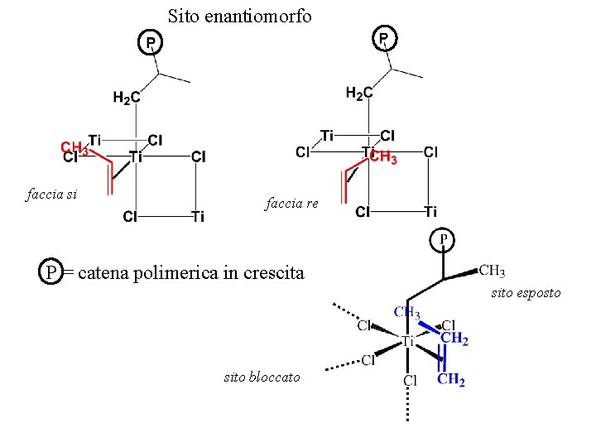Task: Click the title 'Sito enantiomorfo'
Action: pos(239,16)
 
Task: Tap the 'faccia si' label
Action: pos(52,195)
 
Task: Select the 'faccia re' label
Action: pos(291,204)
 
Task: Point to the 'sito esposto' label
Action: pos(526,293)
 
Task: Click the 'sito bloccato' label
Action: pos(262,377)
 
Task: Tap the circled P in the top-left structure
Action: pos(150,41)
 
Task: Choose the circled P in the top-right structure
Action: pos(385,37)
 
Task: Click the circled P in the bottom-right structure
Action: pos(444,240)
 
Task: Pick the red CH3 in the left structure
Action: pos(74,147)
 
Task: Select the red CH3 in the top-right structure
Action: pos(383,158)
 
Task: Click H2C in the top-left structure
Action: pos(127,99)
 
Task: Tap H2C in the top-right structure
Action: pos(358,94)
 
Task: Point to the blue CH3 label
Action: pos(406,313)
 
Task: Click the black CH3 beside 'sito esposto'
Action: pos(492,270)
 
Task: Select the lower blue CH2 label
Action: pos(451,381)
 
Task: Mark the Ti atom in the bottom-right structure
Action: pos(407,340)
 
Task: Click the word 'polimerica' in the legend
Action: pos(180,272)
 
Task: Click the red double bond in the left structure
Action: pos(109,180)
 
